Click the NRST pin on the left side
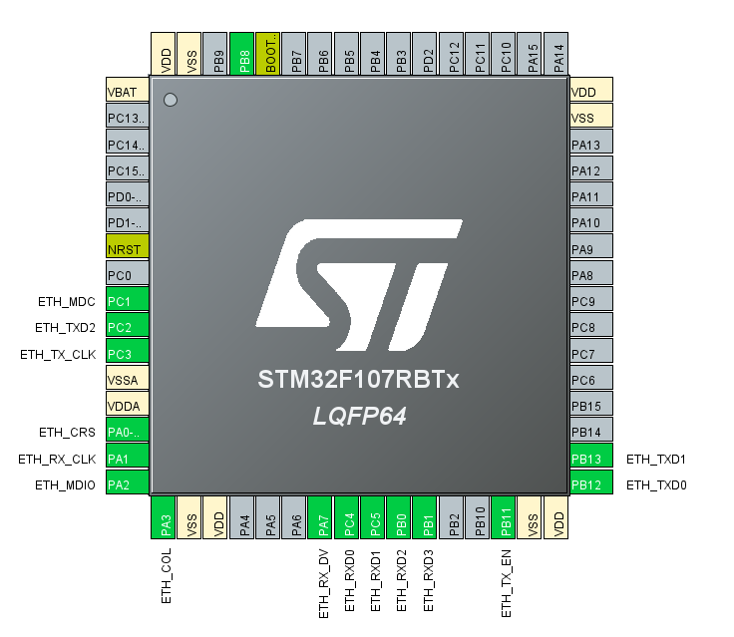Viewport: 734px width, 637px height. [x=128, y=247]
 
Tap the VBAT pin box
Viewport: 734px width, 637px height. [x=128, y=92]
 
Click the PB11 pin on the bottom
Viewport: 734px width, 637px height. [x=506, y=519]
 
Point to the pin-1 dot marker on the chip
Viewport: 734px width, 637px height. [x=170, y=100]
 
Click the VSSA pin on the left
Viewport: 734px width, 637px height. [x=128, y=379]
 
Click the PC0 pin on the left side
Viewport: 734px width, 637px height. [x=128, y=274]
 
